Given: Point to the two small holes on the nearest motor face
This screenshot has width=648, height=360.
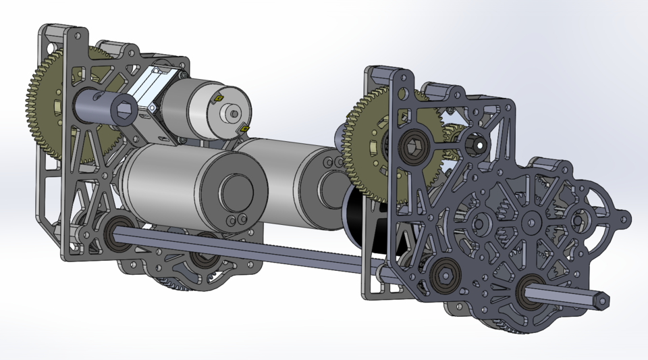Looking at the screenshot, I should click(236, 220).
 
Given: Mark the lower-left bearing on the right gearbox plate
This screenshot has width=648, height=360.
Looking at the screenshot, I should click(443, 274).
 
